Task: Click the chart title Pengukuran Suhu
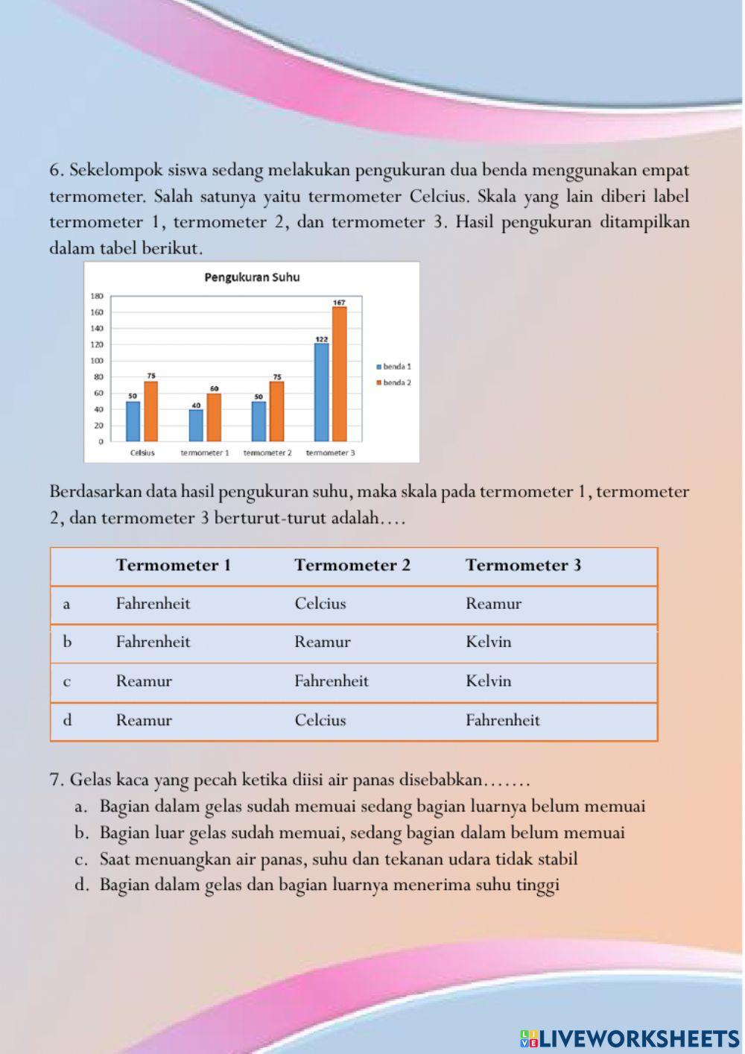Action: pos(252,277)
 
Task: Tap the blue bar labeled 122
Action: pos(321,392)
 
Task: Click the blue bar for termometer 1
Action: pos(196,425)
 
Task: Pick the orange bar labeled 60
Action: pos(214,417)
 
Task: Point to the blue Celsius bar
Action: pos(133,421)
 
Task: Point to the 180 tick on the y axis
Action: pos(97,296)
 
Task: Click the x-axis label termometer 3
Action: pos(330,452)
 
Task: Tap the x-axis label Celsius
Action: pos(142,452)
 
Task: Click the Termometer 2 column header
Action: pos(352,565)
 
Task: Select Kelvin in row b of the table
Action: pos(488,642)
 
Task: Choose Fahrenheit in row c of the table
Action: pos(331,681)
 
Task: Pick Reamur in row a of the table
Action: pos(493,604)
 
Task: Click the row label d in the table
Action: pos(67,720)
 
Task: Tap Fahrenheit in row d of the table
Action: pos(502,720)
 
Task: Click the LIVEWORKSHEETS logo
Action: pos(630,1038)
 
